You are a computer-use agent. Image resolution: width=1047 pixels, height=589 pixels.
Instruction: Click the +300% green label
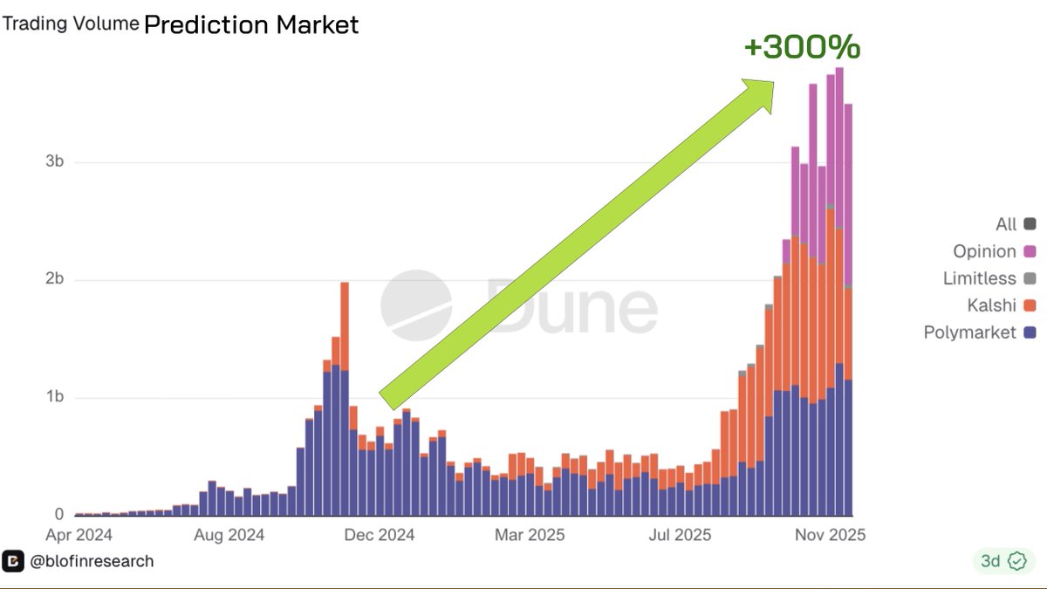(802, 47)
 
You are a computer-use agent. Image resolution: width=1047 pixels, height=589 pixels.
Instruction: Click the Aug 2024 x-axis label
(229, 534)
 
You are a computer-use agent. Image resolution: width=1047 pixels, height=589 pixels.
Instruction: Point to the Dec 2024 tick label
(379, 534)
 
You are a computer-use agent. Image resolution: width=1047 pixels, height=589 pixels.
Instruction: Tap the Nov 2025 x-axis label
(829, 534)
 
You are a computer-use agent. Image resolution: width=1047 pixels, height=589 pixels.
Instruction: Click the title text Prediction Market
(250, 24)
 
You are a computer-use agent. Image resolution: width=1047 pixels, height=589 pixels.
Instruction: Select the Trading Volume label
(71, 24)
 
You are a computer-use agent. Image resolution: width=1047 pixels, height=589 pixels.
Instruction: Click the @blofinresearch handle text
(92, 561)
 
